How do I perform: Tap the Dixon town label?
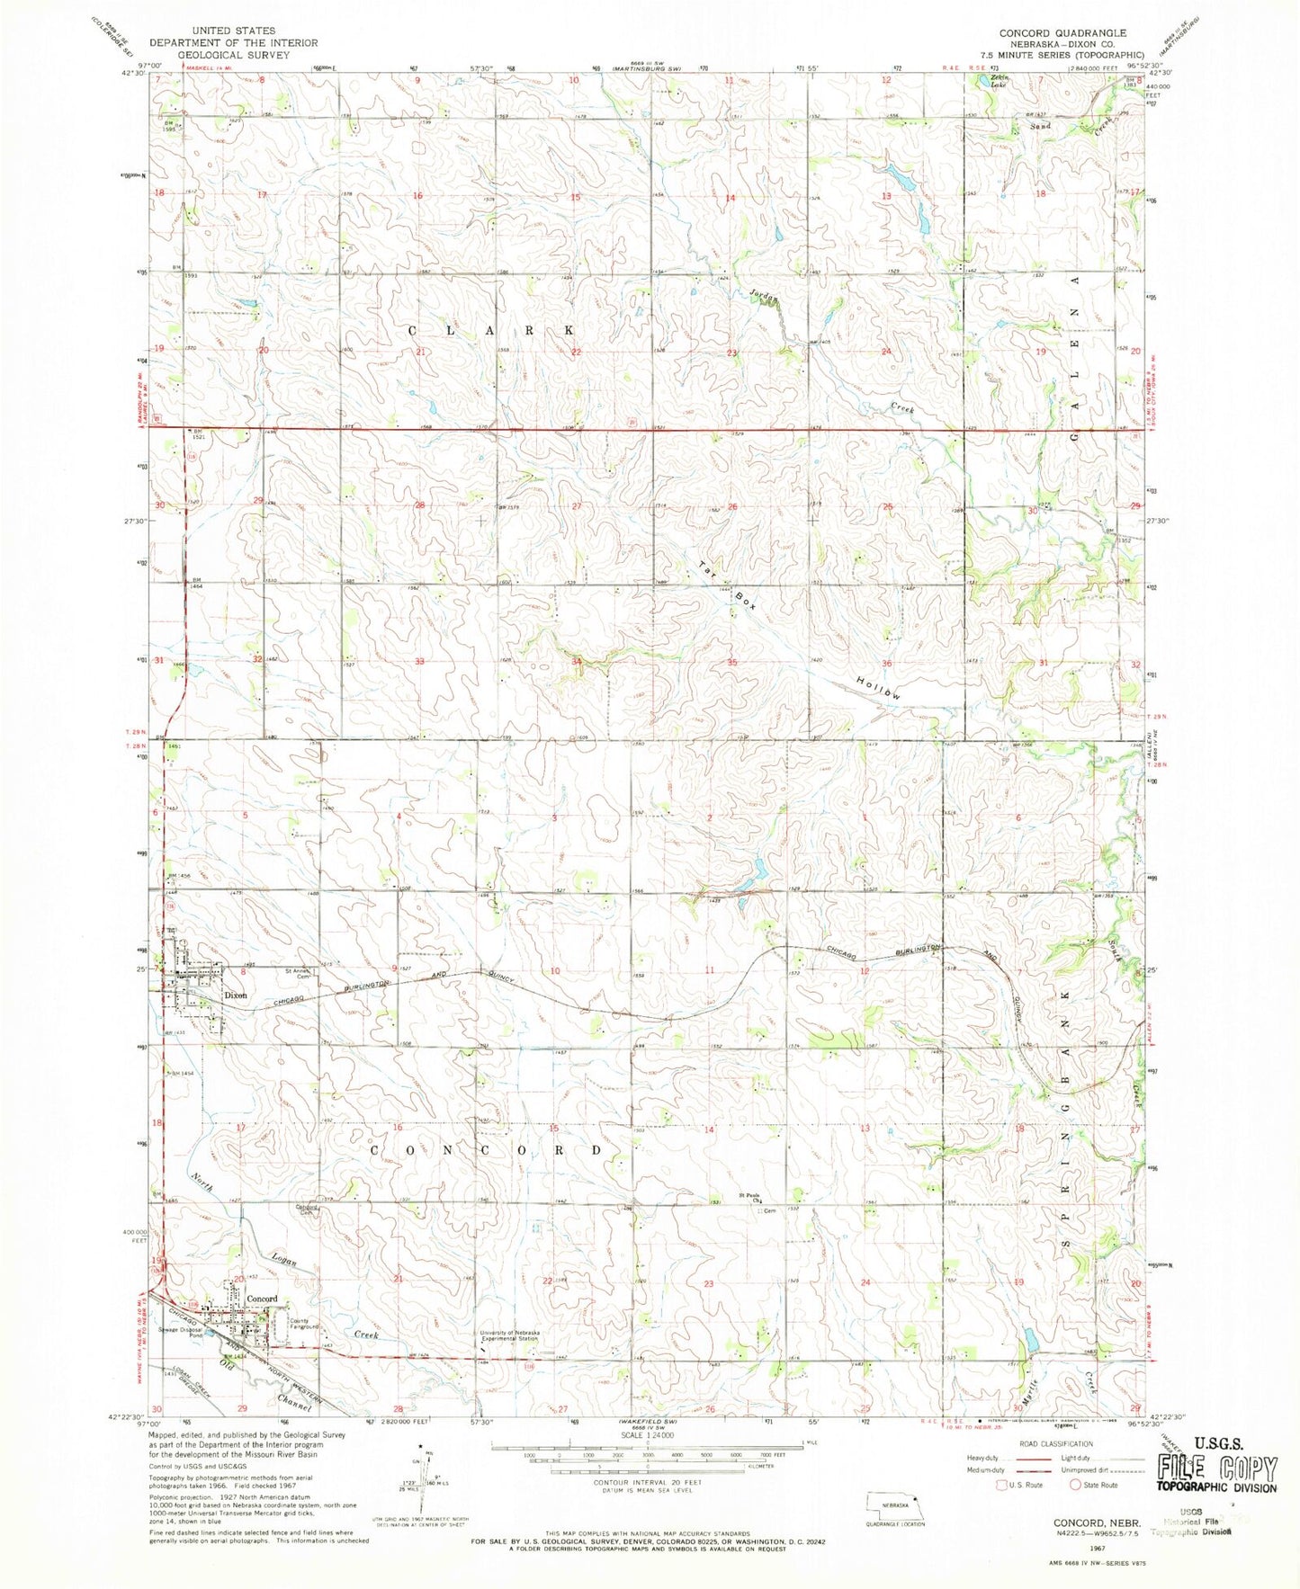pyautogui.click(x=236, y=995)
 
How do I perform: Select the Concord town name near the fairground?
pyautogui.click(x=259, y=1299)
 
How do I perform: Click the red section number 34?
pyautogui.click(x=576, y=662)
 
